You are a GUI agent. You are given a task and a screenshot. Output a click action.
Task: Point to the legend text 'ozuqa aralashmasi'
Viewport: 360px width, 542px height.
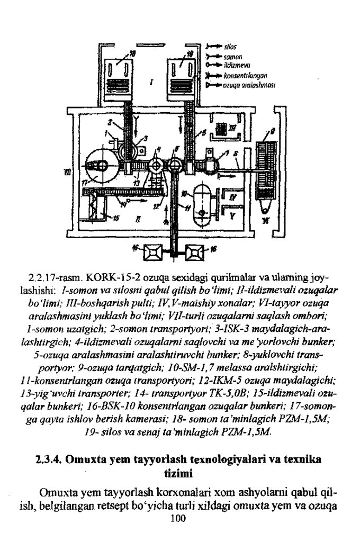click(x=240, y=84)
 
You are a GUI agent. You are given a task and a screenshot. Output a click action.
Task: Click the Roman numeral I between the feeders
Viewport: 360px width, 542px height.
click(x=151, y=82)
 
